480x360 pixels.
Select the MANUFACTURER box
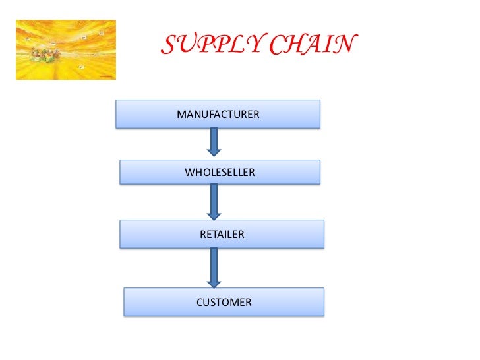click(218, 114)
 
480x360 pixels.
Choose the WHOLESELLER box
click(220, 173)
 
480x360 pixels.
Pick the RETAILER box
click(222, 234)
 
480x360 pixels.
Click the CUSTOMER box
click(224, 303)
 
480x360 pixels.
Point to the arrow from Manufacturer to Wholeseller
click(214, 142)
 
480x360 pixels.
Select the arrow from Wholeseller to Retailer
click(214, 201)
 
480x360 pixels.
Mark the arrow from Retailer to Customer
click(214, 266)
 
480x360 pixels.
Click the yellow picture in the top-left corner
click(65, 49)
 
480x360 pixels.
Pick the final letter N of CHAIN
click(345, 45)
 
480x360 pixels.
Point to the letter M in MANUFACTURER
click(181, 115)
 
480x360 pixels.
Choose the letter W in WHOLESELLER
click(190, 173)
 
